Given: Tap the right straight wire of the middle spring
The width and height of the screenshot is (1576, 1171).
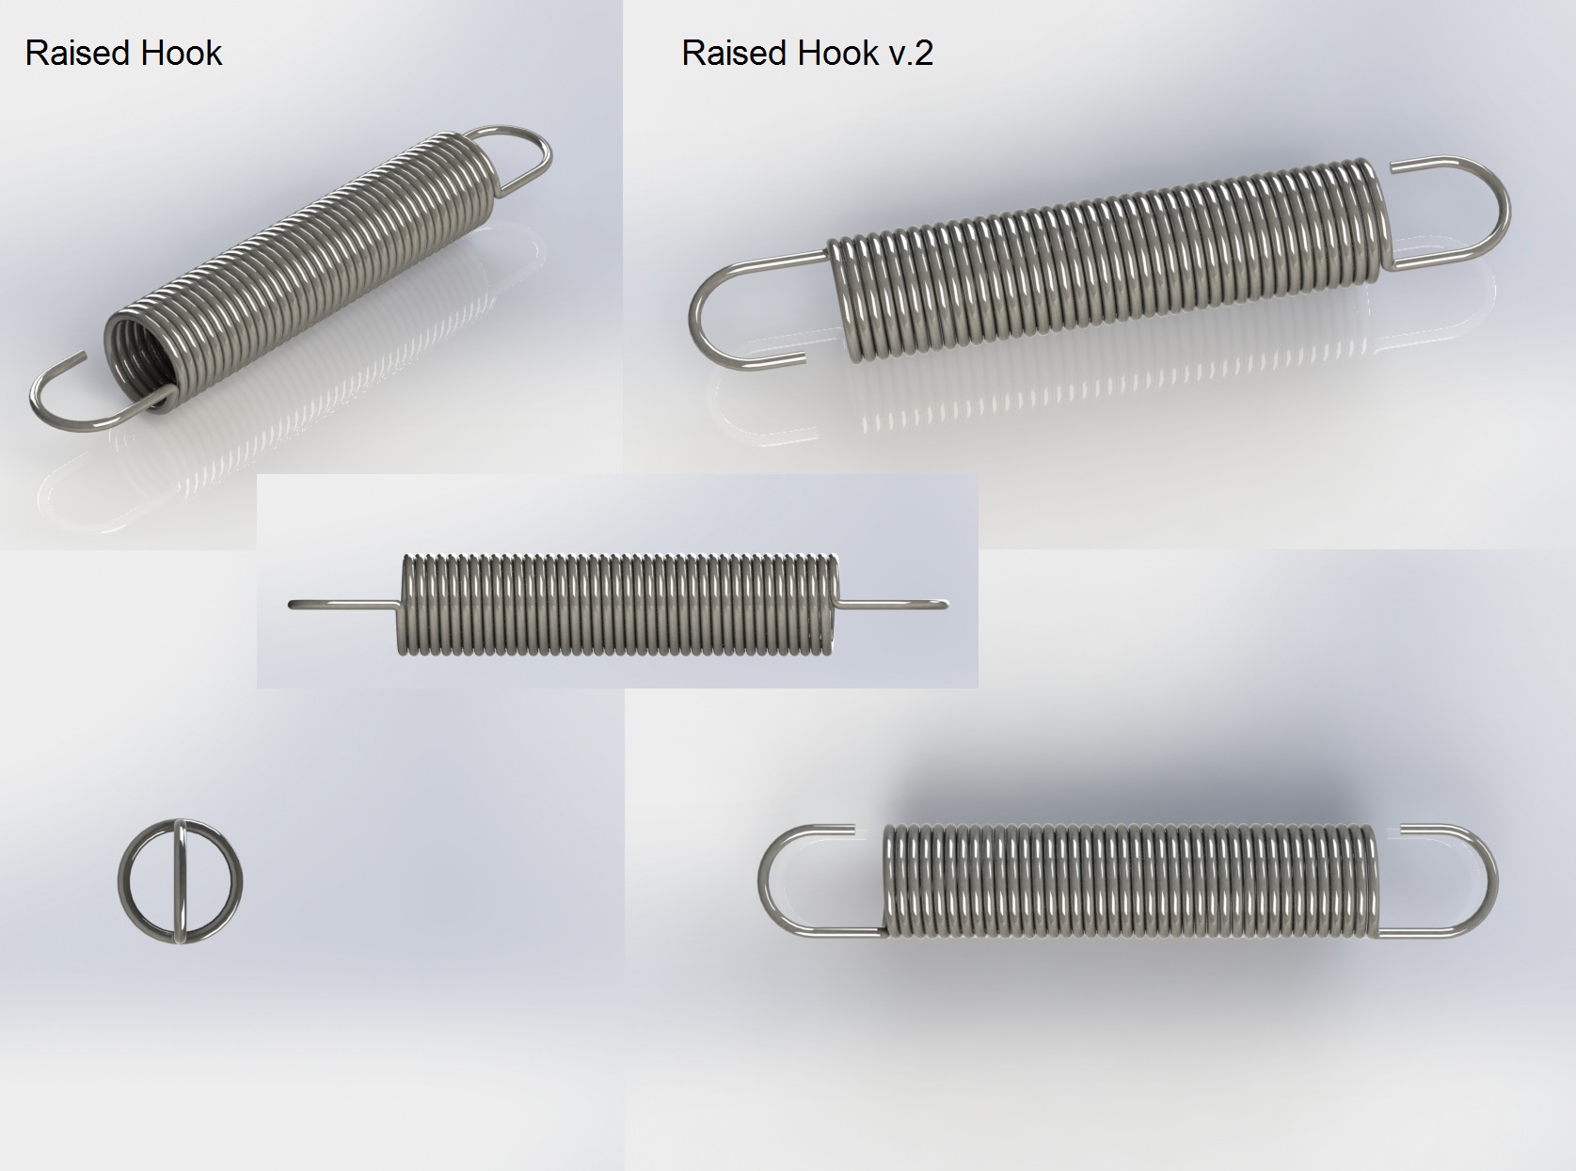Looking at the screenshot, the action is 892,605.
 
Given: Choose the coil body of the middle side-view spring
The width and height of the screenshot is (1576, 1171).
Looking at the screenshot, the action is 618,604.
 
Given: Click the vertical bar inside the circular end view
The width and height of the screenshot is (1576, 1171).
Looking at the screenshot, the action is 180,881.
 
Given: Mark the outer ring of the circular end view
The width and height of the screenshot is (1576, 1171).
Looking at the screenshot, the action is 119,881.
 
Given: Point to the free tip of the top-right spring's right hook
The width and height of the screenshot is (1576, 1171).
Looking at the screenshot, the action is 1393,168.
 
